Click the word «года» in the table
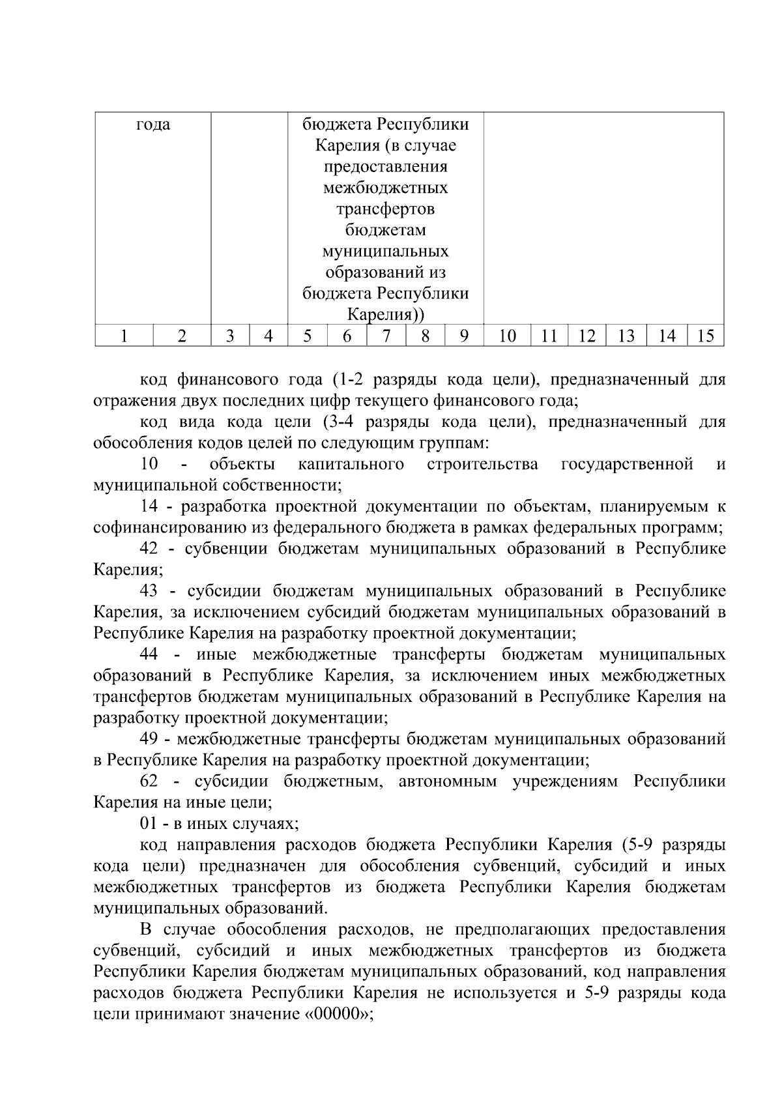click(x=153, y=124)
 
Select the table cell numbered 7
click(x=386, y=336)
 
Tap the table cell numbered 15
click(x=705, y=336)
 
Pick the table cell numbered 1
click(x=124, y=336)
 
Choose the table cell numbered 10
click(x=507, y=336)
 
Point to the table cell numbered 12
click(x=586, y=336)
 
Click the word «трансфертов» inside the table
click(x=386, y=209)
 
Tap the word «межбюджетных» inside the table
click(x=386, y=188)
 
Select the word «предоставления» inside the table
click(x=386, y=166)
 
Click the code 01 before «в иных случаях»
click(x=149, y=824)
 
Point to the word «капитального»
click(x=351, y=464)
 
